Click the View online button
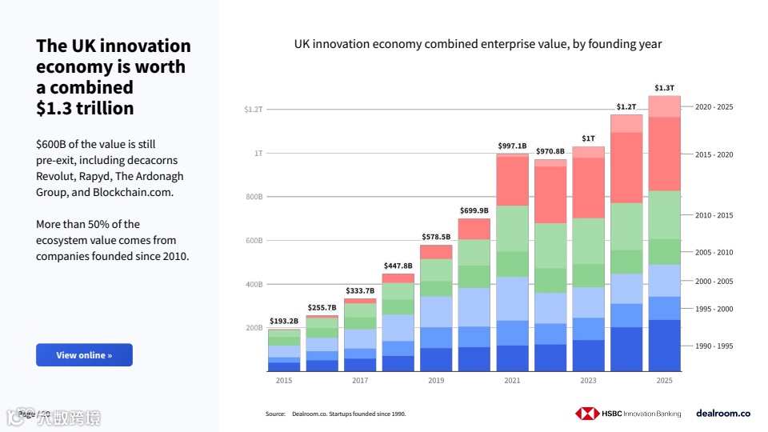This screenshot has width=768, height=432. click(84, 355)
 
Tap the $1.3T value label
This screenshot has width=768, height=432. click(664, 88)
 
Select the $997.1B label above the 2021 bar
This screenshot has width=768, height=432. click(512, 146)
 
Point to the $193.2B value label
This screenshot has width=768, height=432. click(283, 321)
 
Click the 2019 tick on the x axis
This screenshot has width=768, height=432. click(436, 381)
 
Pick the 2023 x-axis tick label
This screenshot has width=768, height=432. click(588, 381)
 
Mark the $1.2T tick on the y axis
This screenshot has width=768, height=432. click(254, 109)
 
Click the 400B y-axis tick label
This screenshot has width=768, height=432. click(254, 284)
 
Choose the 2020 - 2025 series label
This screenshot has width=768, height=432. click(714, 106)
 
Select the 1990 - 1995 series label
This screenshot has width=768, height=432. click(714, 346)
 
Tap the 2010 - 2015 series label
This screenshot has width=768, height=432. click(714, 215)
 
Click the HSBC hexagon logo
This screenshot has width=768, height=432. click(587, 414)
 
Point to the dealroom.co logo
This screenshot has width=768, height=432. click(722, 414)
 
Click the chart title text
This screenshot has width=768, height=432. click(478, 44)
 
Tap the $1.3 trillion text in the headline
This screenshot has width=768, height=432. click(85, 108)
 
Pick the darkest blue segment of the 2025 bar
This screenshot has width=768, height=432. click(664, 346)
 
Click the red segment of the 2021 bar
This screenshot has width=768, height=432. click(512, 180)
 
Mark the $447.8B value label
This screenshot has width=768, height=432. click(398, 266)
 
